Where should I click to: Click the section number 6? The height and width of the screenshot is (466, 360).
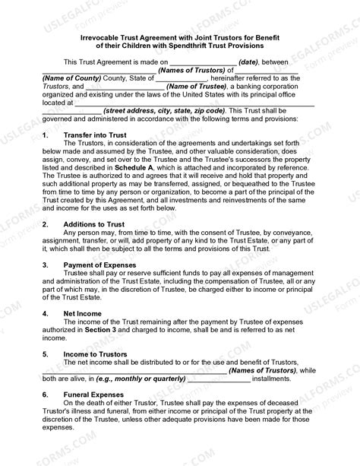45,395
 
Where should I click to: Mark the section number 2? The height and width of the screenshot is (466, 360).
45,224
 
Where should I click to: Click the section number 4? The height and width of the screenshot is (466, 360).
45,313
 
